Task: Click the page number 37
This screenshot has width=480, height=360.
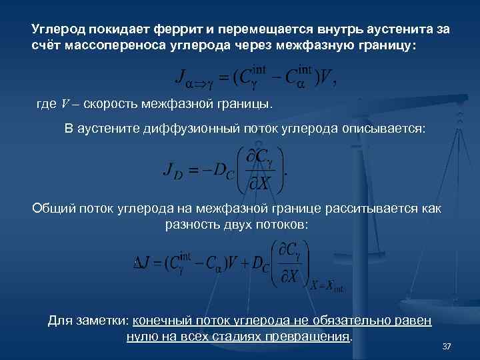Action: point(447,347)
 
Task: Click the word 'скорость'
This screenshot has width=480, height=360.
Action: point(106,105)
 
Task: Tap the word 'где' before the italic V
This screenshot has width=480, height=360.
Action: point(47,105)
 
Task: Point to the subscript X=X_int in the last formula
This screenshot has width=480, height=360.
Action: point(327,285)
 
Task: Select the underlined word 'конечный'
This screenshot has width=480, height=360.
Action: point(161,321)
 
